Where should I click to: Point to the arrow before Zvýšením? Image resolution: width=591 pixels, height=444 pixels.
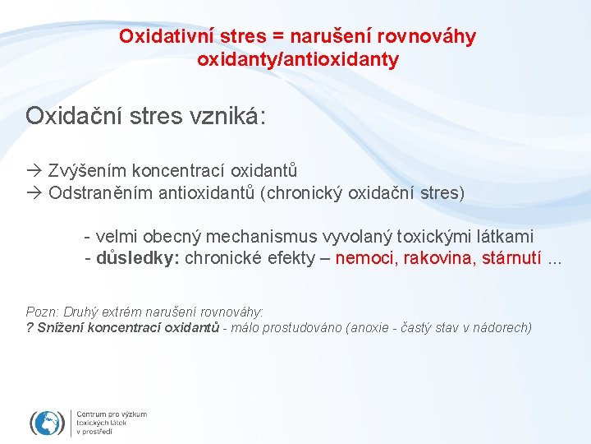[34, 171]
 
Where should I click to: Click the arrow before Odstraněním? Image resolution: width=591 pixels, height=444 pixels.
[34, 193]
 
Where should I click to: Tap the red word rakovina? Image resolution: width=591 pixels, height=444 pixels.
[437, 258]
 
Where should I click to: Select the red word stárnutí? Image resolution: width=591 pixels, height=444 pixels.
[510, 258]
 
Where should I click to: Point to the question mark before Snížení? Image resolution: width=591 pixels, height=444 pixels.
[30, 327]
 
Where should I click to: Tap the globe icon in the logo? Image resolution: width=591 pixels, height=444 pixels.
[48, 422]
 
